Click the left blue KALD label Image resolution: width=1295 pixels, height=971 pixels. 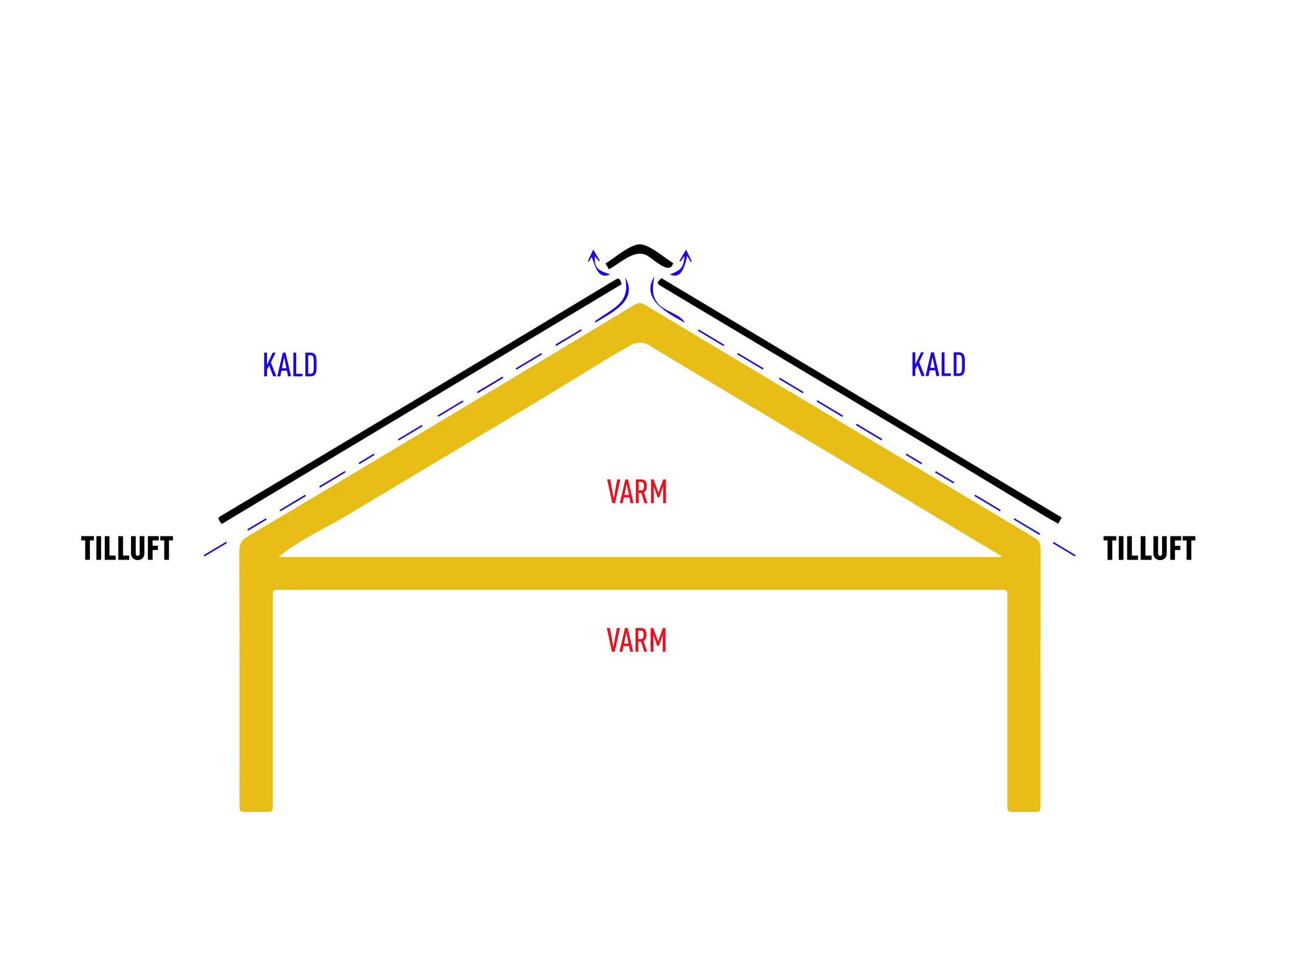click(x=290, y=365)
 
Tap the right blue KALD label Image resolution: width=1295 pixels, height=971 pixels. click(x=938, y=364)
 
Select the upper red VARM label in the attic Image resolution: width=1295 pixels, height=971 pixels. click(x=637, y=492)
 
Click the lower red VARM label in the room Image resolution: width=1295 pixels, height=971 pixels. click(x=637, y=640)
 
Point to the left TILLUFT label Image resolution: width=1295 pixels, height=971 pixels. click(x=127, y=548)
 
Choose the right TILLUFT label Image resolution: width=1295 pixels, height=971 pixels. click(x=1149, y=549)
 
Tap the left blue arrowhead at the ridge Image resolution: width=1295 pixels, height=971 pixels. click(x=594, y=255)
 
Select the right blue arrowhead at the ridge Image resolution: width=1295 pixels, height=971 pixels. click(x=686, y=255)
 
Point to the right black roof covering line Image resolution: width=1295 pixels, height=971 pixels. click(x=859, y=401)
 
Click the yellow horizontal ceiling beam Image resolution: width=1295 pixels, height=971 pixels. click(x=640, y=573)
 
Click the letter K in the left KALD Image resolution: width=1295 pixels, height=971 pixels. click(x=269, y=365)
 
